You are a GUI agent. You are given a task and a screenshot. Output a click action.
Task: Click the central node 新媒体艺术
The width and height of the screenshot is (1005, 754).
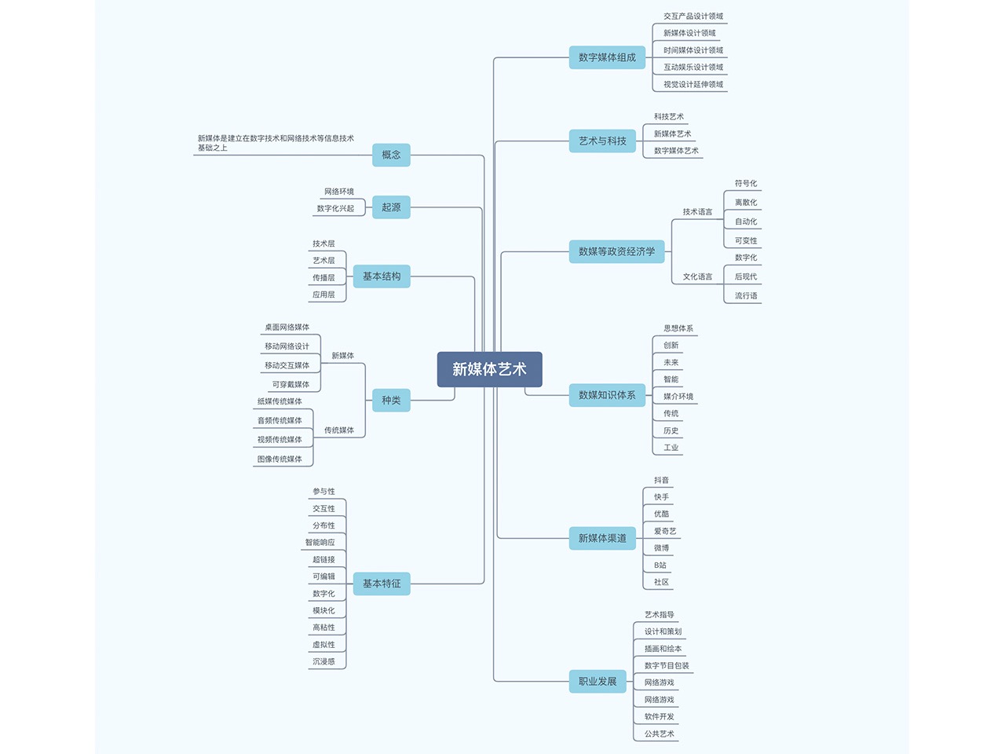[x=489, y=369]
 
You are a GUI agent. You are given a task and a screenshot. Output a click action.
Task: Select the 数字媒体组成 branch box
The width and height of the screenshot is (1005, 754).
[x=607, y=57]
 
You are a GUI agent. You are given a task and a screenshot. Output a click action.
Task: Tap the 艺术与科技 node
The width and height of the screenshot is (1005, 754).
[x=602, y=141]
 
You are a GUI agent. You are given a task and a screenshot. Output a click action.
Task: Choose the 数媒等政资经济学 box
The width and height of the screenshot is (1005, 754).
[x=616, y=251]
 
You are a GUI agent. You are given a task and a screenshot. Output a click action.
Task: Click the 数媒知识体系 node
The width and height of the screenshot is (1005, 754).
[x=607, y=395]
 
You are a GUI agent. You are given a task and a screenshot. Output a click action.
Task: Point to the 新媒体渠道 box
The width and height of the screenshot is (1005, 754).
[x=602, y=538]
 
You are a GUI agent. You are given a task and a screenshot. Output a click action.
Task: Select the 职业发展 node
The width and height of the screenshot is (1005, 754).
[x=598, y=682]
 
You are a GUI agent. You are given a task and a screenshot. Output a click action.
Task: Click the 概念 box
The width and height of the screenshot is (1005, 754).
[x=391, y=155]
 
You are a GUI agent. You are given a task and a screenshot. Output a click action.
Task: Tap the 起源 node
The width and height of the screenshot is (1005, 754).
[x=391, y=207]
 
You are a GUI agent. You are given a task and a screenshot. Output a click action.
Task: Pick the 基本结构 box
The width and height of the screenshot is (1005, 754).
[x=382, y=276]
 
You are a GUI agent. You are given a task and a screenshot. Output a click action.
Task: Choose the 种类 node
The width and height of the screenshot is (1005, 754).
[x=391, y=401]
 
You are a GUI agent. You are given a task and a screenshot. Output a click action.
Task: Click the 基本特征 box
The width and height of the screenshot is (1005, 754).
[x=382, y=584]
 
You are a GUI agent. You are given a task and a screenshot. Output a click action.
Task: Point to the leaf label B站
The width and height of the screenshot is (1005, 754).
[x=660, y=565]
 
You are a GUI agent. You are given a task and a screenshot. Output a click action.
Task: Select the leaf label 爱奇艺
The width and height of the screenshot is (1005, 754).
[x=665, y=532]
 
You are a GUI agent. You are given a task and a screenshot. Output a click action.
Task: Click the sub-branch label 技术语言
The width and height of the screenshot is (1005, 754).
[x=697, y=212]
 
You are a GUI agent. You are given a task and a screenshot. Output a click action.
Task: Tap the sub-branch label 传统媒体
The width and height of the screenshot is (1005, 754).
[x=339, y=430]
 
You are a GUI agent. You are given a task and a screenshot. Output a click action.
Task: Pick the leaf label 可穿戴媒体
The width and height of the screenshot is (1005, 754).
[x=291, y=385]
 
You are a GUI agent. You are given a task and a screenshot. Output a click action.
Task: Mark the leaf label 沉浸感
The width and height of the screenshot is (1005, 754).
[x=323, y=662]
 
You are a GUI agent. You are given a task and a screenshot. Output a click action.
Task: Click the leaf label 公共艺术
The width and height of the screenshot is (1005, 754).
[x=660, y=734]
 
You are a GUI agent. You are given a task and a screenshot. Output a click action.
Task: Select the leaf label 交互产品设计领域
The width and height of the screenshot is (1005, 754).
[x=693, y=16]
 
